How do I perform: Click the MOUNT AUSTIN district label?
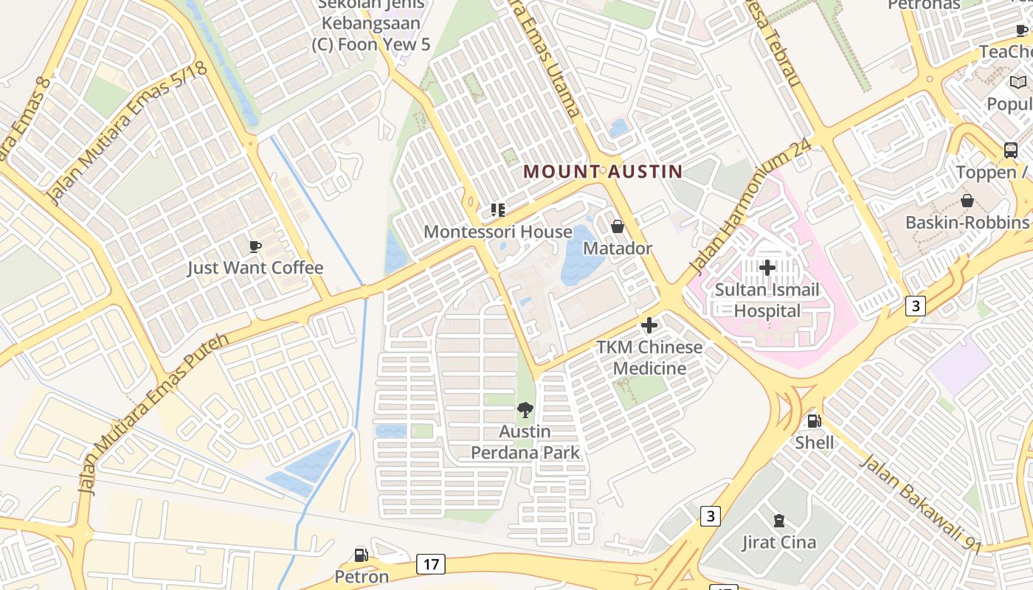pos(602,172)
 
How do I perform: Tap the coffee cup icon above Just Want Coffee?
pos(255,246)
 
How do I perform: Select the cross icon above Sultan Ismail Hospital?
pos(767,268)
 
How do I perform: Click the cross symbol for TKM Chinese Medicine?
pos(649,325)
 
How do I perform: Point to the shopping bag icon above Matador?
pos(618,226)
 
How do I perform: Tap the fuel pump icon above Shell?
pos(815,421)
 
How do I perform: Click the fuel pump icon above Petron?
pos(362,555)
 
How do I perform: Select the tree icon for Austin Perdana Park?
pos(525,410)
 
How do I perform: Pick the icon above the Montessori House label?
pos(498,210)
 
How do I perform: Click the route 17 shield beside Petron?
pos(431,565)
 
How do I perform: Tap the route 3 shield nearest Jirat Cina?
pos(710,516)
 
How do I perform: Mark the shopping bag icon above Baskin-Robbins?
pos(967,201)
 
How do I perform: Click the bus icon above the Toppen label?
pos(1011,150)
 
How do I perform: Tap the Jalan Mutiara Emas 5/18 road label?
pos(126,133)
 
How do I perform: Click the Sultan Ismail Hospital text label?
pos(767,300)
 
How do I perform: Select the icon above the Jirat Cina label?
pos(778,521)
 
